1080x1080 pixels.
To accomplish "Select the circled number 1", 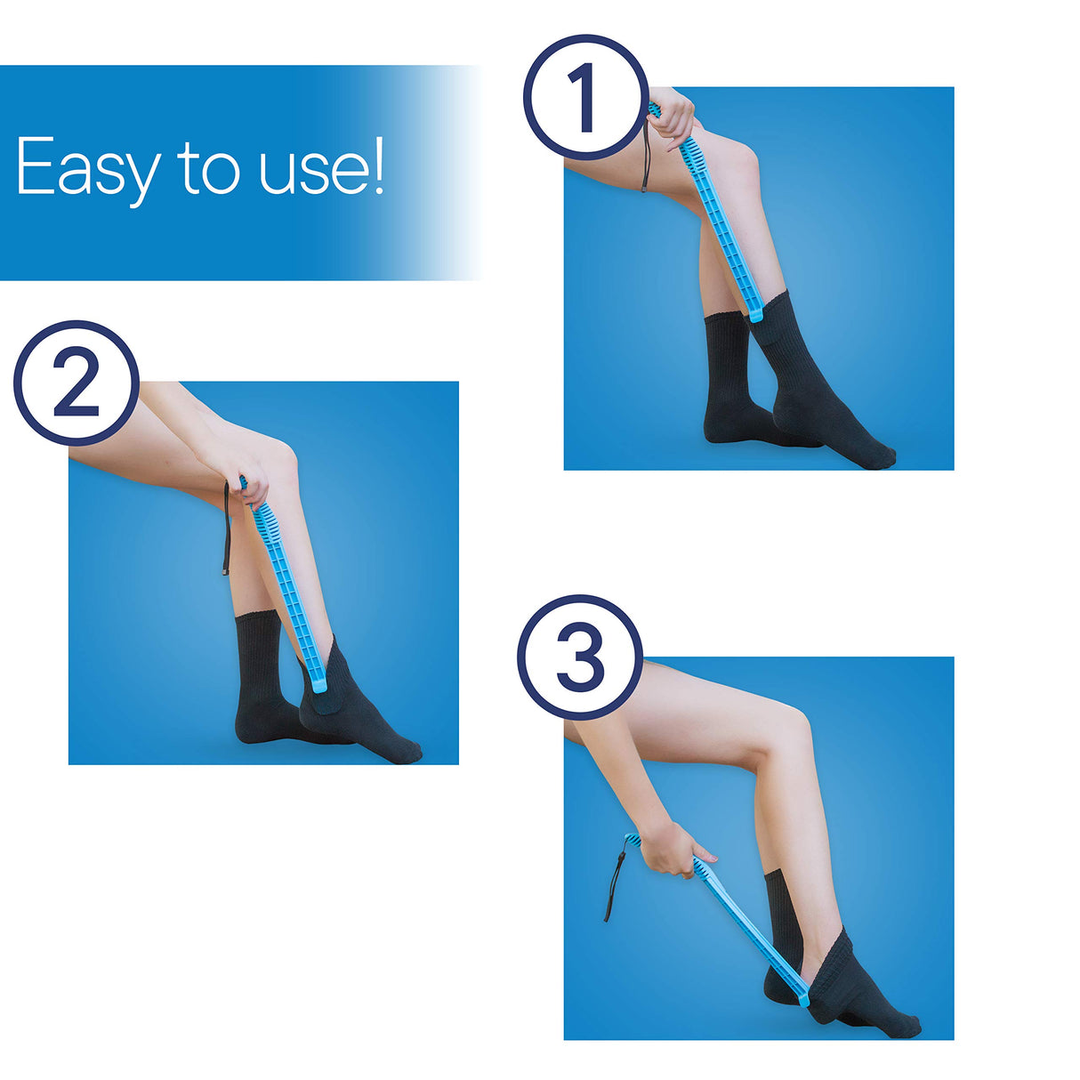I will [584, 98].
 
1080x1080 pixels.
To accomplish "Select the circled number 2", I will [77, 383].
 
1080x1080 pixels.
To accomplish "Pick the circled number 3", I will [580, 657].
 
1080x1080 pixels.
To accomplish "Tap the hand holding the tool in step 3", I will [672, 850].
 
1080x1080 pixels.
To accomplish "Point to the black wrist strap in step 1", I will [644, 165].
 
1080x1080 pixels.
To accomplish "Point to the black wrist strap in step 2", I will [226, 534].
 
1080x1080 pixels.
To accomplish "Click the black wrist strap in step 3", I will [613, 885].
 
